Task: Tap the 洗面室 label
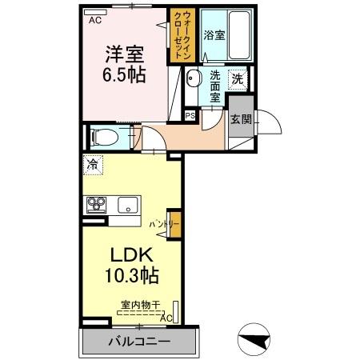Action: (x=215, y=86)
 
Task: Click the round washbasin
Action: (x=194, y=78)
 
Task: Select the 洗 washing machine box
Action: (x=238, y=78)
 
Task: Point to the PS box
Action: (x=190, y=115)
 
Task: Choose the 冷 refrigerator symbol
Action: (x=93, y=166)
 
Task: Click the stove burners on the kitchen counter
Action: (x=96, y=203)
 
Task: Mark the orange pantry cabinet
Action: (x=175, y=225)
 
